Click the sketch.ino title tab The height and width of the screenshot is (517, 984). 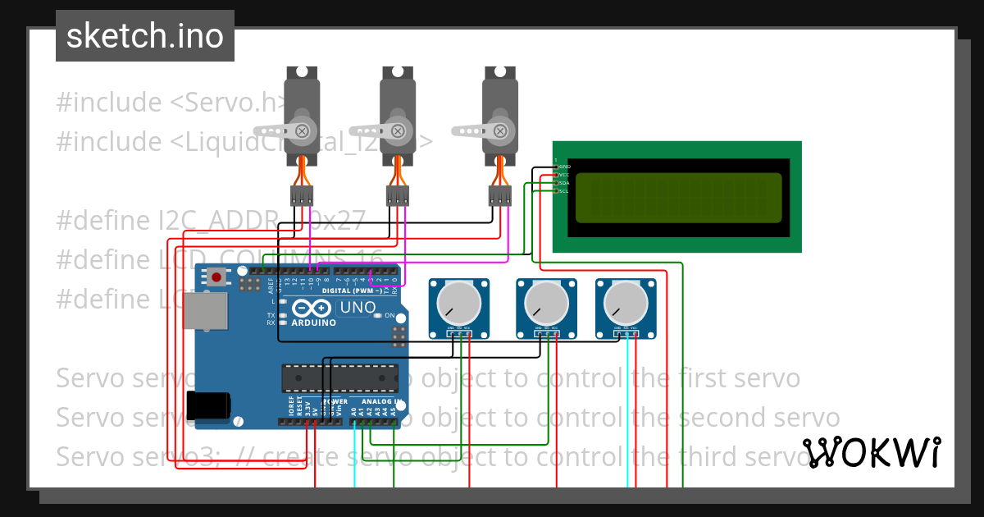(x=145, y=36)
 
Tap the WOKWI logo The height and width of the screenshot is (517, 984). (x=871, y=452)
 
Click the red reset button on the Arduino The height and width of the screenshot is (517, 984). (x=216, y=277)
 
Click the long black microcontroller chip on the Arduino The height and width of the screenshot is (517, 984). (x=339, y=378)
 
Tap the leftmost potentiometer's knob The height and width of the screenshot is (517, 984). (x=459, y=302)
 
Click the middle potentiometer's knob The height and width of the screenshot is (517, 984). (x=545, y=302)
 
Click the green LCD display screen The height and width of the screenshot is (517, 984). (x=678, y=198)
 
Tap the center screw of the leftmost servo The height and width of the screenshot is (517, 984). (x=303, y=130)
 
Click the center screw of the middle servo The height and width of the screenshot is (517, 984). (x=399, y=130)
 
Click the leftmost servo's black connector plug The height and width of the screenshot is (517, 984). (x=302, y=195)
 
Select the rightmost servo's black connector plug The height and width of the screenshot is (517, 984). (x=499, y=195)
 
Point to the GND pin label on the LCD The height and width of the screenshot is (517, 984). (x=564, y=167)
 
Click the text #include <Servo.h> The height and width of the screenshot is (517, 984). (x=171, y=103)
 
